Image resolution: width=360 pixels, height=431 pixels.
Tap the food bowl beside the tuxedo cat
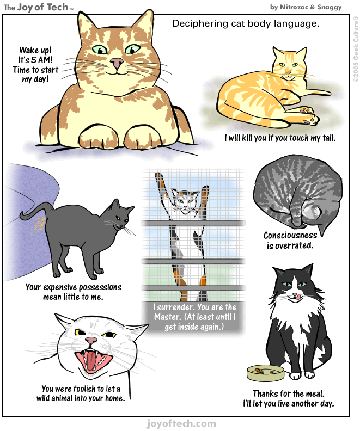(x=266, y=373)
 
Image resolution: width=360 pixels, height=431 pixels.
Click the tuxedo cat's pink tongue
(x=297, y=295)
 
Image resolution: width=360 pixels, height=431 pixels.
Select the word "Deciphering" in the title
(x=197, y=24)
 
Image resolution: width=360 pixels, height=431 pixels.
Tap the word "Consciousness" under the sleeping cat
(x=290, y=236)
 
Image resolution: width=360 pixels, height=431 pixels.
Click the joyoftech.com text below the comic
(x=181, y=423)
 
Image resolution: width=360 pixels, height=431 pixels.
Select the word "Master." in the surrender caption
(x=166, y=316)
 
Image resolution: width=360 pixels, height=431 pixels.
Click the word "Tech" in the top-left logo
(x=56, y=7)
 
